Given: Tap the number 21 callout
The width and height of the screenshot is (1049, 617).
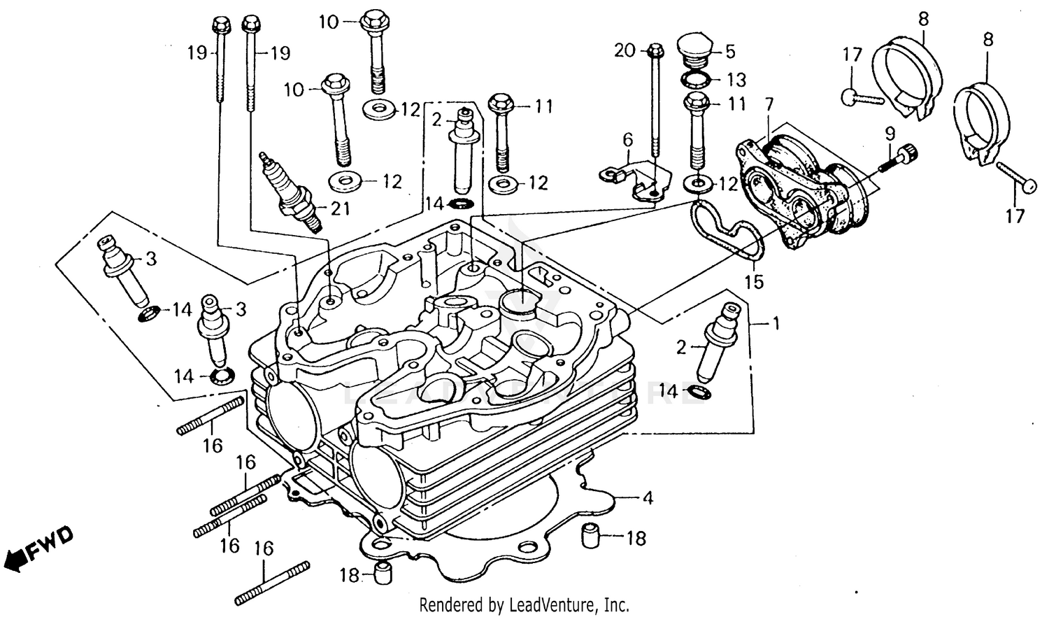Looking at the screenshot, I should [340, 208].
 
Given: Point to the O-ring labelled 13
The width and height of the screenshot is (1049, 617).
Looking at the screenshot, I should [697, 78].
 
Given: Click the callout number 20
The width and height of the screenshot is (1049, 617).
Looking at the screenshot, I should [625, 50].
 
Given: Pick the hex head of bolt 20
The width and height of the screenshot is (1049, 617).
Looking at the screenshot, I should [655, 50].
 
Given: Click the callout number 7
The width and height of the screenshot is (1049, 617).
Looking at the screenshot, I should [769, 105].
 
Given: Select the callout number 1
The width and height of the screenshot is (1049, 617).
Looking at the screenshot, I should [775, 323].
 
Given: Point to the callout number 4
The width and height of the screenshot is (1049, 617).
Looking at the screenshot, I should [648, 498].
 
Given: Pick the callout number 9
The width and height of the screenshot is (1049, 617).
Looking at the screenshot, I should [890, 132].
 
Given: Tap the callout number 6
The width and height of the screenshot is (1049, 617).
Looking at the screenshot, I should [627, 140].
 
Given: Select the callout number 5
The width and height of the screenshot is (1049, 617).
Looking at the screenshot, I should [730, 51].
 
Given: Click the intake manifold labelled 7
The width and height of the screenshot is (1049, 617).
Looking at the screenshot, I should [804, 192].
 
